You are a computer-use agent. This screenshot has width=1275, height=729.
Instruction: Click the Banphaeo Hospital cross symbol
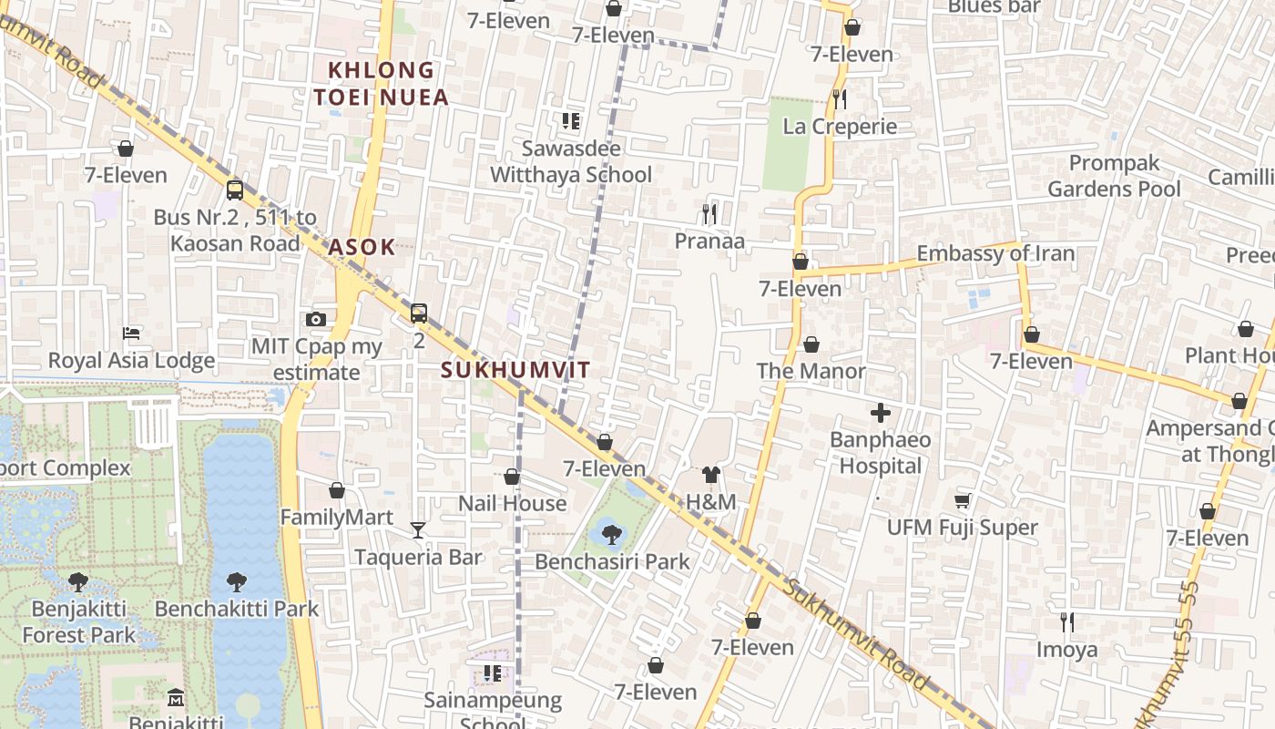click(x=880, y=414)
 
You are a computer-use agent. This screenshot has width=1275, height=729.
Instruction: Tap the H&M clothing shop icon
click(x=711, y=475)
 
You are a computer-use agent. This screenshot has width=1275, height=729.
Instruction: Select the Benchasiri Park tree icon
click(x=612, y=535)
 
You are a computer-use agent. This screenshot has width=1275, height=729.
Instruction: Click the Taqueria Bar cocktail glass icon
click(x=417, y=530)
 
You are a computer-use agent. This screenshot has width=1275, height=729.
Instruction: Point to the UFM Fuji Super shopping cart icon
click(x=962, y=500)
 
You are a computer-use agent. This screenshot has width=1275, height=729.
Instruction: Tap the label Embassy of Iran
click(x=995, y=253)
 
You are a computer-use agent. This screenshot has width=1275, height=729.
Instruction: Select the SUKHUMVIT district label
click(x=515, y=370)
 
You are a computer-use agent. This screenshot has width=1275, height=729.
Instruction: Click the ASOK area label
click(x=362, y=247)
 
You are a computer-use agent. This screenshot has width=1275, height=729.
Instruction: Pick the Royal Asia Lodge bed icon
click(x=131, y=334)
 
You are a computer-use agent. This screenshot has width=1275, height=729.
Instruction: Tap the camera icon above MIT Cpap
click(x=316, y=319)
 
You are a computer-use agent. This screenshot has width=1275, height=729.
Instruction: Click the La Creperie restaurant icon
click(x=840, y=98)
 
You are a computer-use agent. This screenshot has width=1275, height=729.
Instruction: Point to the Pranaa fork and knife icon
click(x=709, y=214)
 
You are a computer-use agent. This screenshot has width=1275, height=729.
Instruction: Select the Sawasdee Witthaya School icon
click(x=571, y=121)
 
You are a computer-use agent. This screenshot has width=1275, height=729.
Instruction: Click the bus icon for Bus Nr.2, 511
click(x=235, y=190)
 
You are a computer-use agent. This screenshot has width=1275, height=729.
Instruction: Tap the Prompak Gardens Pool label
click(x=1114, y=176)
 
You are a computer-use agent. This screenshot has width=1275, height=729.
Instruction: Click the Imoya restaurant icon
click(x=1066, y=622)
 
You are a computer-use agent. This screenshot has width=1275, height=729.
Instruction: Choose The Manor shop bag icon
click(x=811, y=344)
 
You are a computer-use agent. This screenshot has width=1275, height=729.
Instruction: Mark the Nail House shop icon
click(x=512, y=477)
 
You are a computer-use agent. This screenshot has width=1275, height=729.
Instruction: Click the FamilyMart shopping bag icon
click(x=337, y=490)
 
